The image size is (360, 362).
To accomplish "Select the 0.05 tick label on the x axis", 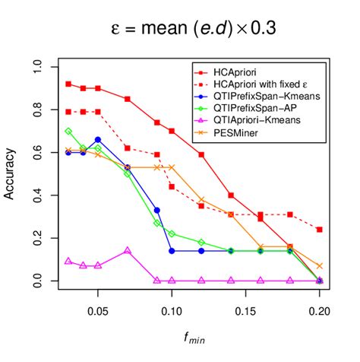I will click(98, 311).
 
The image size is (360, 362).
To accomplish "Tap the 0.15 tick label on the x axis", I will click(245, 311).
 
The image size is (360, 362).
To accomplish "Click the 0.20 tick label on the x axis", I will click(318, 311).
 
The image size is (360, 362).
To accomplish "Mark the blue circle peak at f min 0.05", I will click(98, 140).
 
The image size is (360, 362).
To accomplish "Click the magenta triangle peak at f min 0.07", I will click(128, 250).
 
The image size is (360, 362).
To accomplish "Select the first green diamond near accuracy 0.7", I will click(68, 132).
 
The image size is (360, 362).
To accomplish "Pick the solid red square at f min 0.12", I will click(201, 154).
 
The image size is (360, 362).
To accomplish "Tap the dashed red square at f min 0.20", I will click(319, 230).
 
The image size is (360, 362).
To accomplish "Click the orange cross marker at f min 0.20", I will click(319, 266).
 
